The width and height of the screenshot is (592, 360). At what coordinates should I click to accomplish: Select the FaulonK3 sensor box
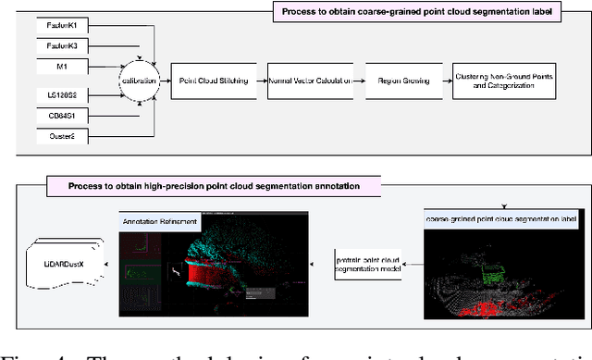point(62,43)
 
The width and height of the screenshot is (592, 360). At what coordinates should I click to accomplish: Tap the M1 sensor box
point(62,67)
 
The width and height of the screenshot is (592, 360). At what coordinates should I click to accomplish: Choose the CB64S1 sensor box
point(62,116)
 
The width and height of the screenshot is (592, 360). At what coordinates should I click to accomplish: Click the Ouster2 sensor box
point(62,138)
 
